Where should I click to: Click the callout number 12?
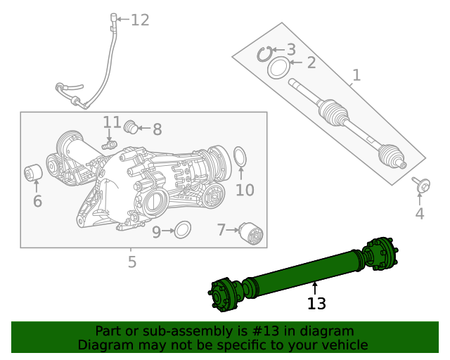[x=140, y=20]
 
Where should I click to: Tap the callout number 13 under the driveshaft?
[x=316, y=304]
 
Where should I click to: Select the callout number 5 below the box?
[x=131, y=263]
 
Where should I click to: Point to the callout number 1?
[x=356, y=75]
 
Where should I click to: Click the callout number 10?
[x=244, y=190]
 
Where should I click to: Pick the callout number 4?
[x=419, y=214]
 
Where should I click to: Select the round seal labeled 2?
[x=278, y=68]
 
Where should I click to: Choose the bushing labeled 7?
[x=251, y=233]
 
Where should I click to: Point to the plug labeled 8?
[x=129, y=127]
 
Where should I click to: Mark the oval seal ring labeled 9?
[x=182, y=230]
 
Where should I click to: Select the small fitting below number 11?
[x=109, y=145]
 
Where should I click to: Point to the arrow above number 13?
[x=315, y=287]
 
